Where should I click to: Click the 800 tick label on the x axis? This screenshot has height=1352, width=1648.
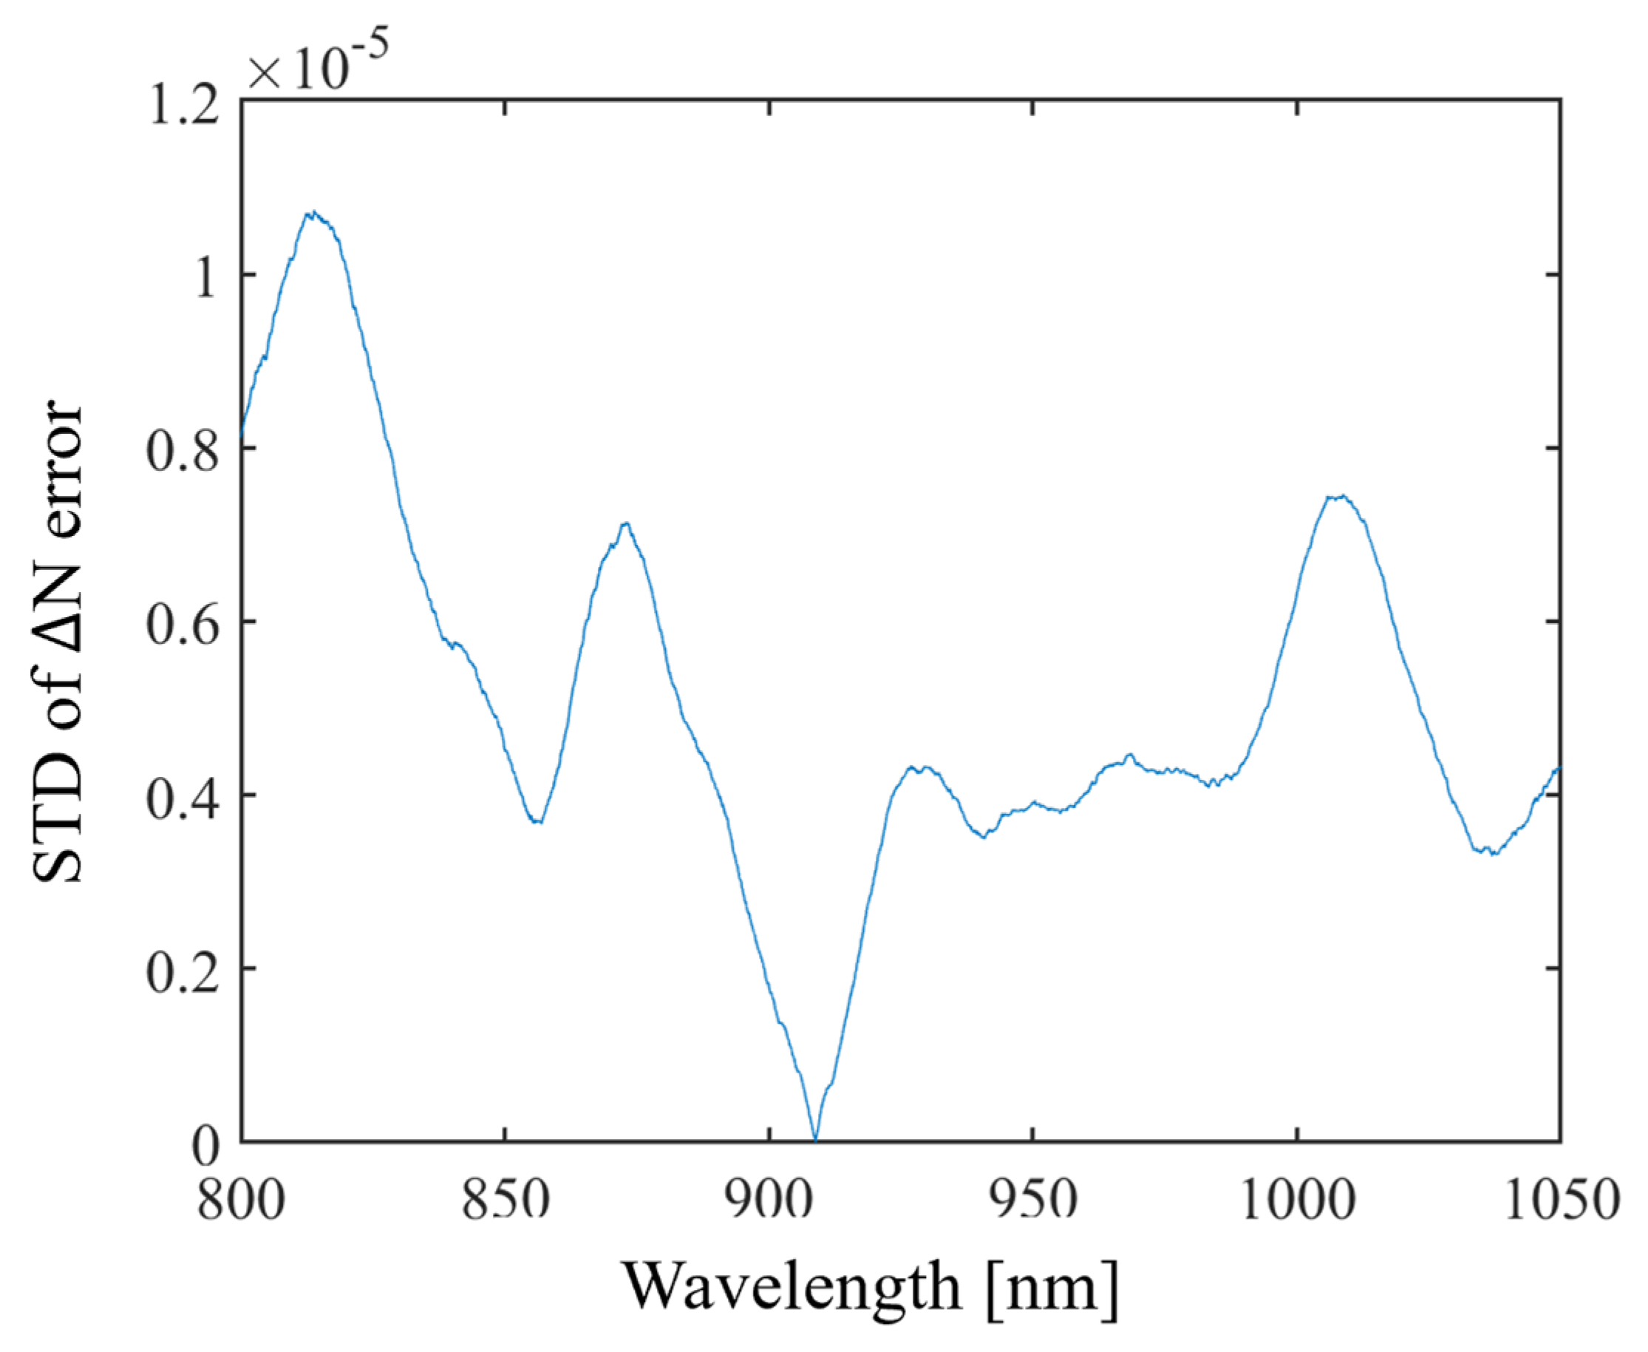click(240, 1200)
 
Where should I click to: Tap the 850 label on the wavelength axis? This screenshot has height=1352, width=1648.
click(505, 1200)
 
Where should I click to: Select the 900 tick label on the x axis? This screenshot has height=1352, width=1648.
click(769, 1200)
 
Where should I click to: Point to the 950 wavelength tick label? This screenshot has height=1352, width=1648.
click(1032, 1200)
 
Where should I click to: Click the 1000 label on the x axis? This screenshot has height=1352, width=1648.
click(1297, 1200)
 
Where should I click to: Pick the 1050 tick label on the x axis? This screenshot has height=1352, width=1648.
click(1560, 1200)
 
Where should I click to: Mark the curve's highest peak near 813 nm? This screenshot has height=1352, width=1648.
click(312, 212)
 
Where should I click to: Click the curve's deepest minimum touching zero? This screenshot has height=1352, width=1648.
click(815, 1139)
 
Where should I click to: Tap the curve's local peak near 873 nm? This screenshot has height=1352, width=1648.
click(625, 523)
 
